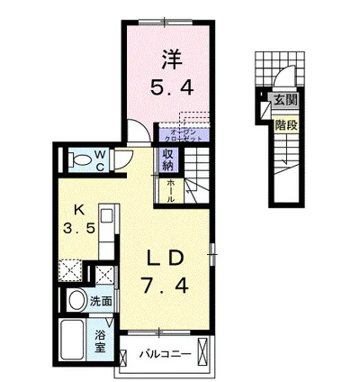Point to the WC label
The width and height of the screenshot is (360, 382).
[x=101, y=160]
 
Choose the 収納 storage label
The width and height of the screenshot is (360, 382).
[x=168, y=159]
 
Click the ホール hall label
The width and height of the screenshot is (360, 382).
[x=171, y=189]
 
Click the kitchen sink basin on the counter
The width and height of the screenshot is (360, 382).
[x=104, y=218]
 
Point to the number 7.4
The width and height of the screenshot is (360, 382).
[x=167, y=287]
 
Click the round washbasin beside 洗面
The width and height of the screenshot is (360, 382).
[x=77, y=301]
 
